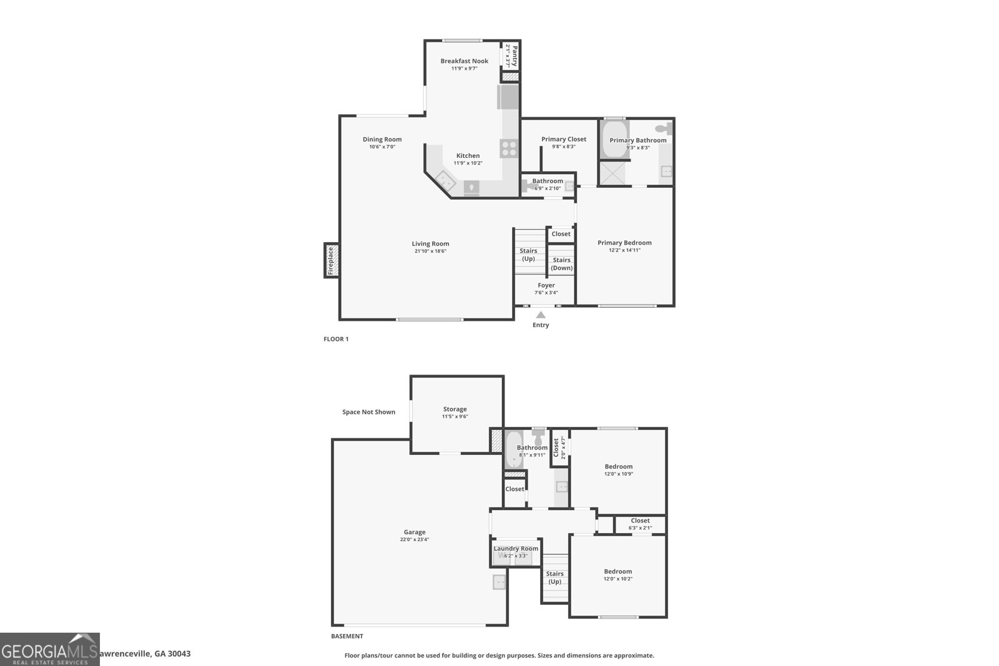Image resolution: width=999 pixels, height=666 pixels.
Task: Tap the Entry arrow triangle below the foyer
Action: coord(541,315)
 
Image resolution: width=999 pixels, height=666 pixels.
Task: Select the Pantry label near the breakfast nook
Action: coord(512,56)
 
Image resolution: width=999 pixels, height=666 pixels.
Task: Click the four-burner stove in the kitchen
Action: coord(509,149)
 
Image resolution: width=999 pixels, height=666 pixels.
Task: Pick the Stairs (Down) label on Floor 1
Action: coord(561,264)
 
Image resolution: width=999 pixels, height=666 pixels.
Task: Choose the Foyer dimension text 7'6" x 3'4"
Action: coord(546,293)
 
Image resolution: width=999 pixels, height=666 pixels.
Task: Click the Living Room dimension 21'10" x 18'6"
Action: coord(430,252)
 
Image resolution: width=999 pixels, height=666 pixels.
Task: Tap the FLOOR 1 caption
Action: coord(336,339)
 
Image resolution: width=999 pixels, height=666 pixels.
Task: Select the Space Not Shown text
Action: coord(368,412)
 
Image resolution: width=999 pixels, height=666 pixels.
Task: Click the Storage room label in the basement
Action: coord(455,409)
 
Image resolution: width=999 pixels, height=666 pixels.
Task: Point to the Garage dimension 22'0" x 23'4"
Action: coord(415,540)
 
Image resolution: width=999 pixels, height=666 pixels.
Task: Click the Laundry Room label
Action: coord(516,549)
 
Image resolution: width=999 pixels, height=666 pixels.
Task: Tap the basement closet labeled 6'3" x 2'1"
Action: coord(640,524)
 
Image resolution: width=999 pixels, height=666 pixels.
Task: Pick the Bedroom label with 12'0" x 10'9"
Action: coord(618,466)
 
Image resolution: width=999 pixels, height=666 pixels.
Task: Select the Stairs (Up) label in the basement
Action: coord(554,577)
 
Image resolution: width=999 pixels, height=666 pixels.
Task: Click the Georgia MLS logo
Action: coord(50,650)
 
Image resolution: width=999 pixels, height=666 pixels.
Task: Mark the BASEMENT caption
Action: coord(347,637)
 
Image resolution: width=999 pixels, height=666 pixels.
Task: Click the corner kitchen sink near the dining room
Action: coord(445,181)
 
